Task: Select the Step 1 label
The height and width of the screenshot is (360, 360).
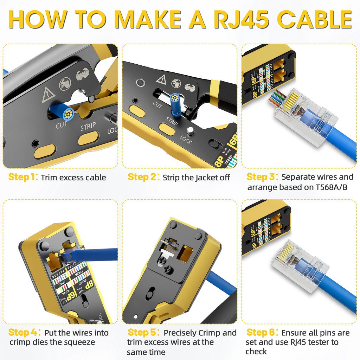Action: (22, 177)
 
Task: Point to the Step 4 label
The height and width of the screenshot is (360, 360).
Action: (23, 333)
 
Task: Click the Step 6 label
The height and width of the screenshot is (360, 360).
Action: (262, 333)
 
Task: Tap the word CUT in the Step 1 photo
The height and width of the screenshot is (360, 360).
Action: (62, 125)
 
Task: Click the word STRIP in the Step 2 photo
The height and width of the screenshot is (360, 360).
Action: (172, 122)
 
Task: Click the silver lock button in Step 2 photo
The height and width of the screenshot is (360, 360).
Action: (190, 131)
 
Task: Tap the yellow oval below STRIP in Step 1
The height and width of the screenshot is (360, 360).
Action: (88, 139)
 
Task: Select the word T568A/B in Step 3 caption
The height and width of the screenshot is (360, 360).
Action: (330, 187)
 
